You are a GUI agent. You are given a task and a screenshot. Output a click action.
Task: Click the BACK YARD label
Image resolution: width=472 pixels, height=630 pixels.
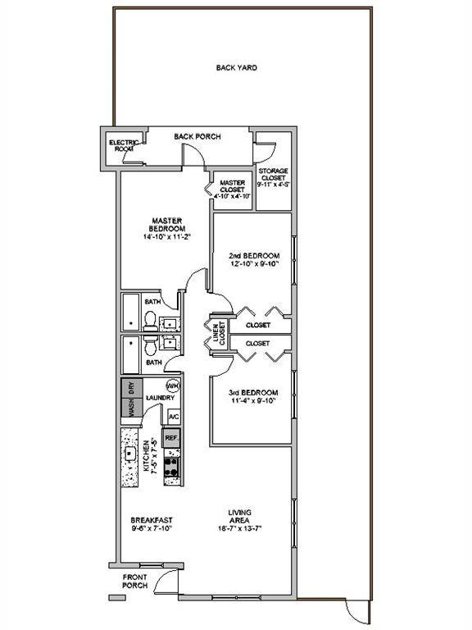(237, 68)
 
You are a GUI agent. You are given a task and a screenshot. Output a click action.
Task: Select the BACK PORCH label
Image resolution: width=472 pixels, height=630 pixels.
(197, 136)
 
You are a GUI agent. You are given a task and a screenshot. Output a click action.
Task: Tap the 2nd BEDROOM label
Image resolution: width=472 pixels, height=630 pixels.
(253, 255)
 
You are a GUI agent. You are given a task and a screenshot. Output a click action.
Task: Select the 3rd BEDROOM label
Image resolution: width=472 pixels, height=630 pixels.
(253, 392)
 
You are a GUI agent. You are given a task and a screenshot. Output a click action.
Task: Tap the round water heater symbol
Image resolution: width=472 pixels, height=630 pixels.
(173, 386)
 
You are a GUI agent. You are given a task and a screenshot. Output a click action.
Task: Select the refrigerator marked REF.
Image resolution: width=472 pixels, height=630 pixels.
(171, 439)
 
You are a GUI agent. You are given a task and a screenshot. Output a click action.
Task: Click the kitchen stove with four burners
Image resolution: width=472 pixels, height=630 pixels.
(172, 467)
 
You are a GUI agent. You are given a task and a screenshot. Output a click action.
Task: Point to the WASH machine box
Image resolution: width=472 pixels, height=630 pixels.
(129, 409)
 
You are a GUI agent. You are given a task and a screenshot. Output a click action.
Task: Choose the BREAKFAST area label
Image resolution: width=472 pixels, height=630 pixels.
(150, 519)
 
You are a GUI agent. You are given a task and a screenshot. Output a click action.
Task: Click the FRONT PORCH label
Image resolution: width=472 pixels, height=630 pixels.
(134, 581)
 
